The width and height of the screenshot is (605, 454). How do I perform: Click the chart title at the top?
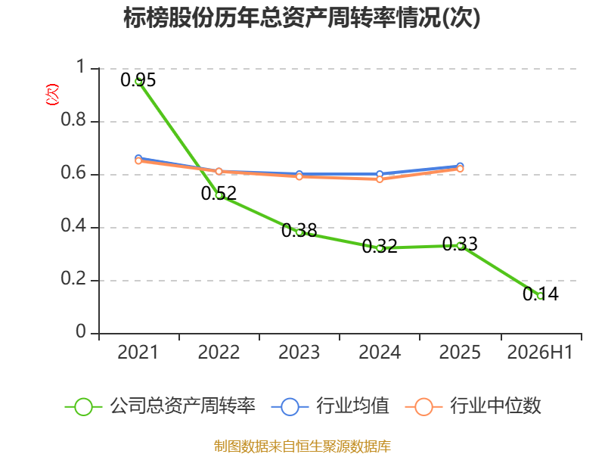tap(302, 17)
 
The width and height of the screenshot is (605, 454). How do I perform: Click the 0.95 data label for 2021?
tap(138, 80)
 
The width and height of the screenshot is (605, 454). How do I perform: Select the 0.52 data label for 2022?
tap(219, 193)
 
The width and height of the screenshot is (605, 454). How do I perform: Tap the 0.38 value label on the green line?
tap(299, 231)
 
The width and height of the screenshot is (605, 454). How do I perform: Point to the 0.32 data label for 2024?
tap(380, 246)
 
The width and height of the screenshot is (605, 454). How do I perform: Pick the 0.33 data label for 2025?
tap(460, 244)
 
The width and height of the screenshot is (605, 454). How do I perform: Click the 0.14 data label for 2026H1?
tap(541, 294)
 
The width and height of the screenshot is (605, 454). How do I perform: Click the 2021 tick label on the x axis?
tap(138, 352)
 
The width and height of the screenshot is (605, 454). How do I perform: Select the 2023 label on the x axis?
tap(299, 352)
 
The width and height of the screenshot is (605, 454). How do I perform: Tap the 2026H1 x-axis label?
tap(540, 352)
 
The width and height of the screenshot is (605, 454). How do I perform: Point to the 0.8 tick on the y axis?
tap(73, 120)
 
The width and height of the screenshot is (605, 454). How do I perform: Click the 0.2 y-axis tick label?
tap(73, 278)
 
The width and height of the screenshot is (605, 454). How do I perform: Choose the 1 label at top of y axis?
tap(81, 67)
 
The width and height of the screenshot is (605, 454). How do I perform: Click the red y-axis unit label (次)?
tap(52, 95)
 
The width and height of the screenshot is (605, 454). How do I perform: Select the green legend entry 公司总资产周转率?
tap(160, 406)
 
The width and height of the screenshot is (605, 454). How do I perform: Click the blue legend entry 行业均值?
tap(330, 406)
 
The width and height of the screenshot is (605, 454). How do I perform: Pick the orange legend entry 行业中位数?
tap(473, 406)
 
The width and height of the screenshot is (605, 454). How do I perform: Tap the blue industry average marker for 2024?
tap(380, 174)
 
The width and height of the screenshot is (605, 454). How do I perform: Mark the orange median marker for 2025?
tap(460, 169)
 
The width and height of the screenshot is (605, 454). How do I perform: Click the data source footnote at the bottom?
tap(302, 446)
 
